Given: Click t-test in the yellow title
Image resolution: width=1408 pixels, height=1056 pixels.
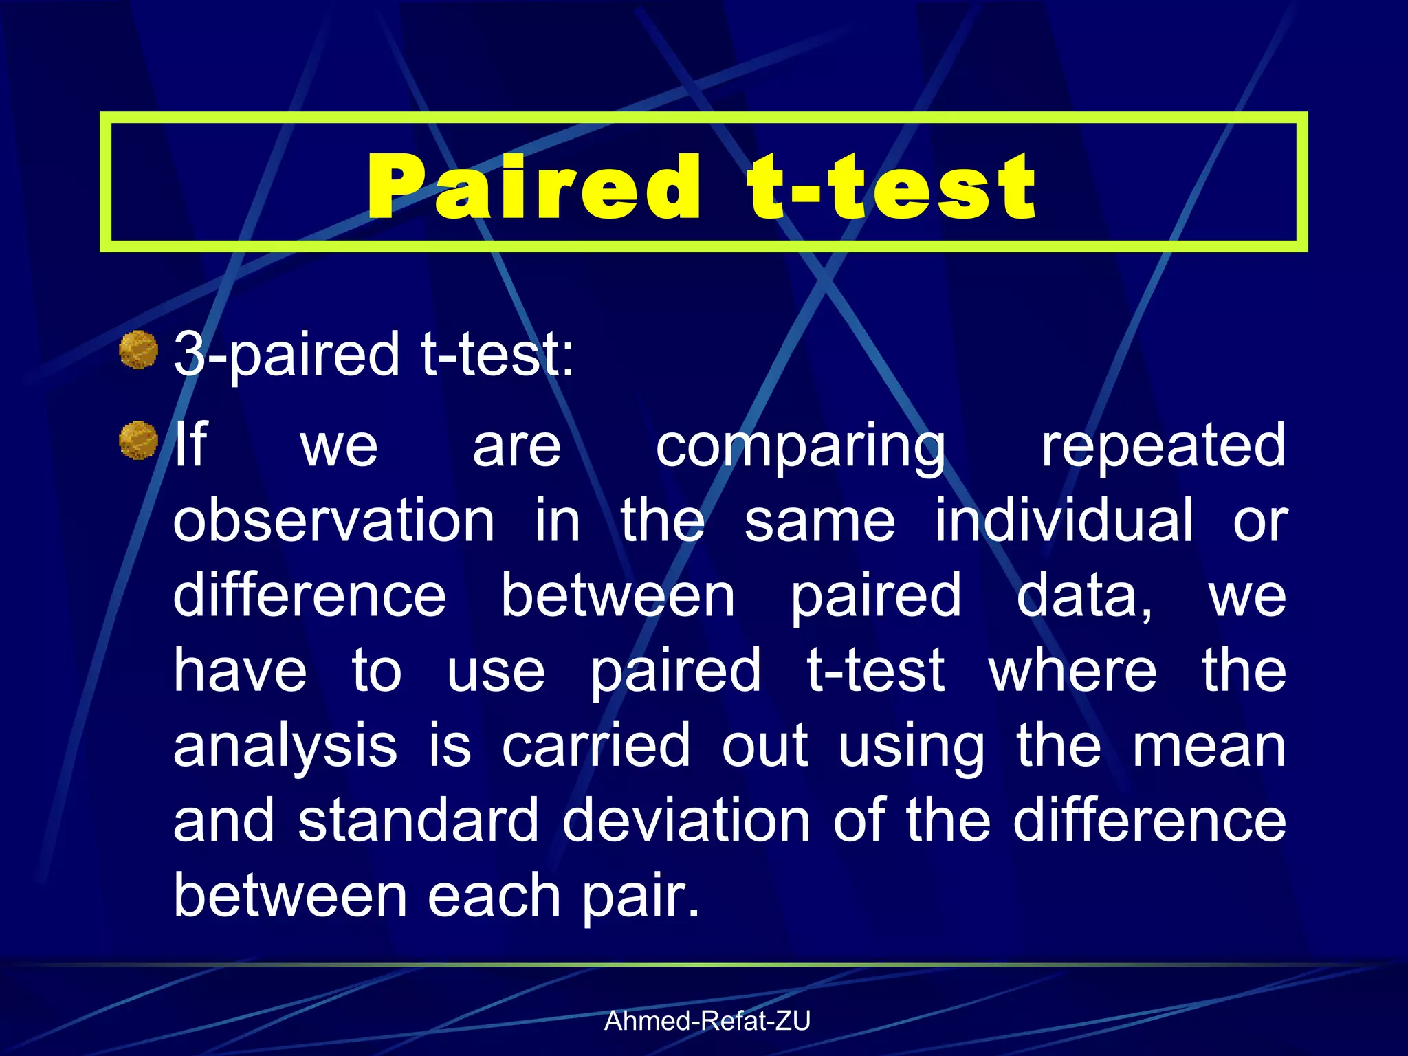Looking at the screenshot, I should pyautogui.click(x=892, y=187).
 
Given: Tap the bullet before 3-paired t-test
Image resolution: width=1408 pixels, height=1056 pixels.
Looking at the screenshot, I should pyautogui.click(x=138, y=349).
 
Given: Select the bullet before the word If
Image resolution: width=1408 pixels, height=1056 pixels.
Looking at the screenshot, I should pyautogui.click(x=138, y=440).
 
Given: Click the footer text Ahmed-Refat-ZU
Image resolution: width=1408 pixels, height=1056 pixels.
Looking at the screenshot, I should pyautogui.click(x=707, y=1021).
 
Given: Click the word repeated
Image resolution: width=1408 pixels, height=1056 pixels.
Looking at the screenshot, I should pyautogui.click(x=1163, y=445).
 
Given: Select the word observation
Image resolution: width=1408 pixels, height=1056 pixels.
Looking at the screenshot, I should pyautogui.click(x=333, y=520).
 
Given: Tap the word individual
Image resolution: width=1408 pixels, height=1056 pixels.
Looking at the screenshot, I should pyautogui.click(x=1064, y=520).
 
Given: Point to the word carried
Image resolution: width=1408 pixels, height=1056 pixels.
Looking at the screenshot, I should pyautogui.click(x=595, y=745).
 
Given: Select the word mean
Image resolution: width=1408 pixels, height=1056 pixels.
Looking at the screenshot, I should pyautogui.click(x=1209, y=747).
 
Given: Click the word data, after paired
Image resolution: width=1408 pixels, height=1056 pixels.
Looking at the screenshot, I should pyautogui.click(x=1084, y=595).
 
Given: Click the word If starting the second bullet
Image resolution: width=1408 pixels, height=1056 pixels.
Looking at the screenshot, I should pyautogui.click(x=190, y=445).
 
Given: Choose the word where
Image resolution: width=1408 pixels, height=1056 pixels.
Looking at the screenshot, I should pyautogui.click(x=1072, y=670).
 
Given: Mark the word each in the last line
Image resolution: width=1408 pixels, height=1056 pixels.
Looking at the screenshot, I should pyautogui.click(x=494, y=896).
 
